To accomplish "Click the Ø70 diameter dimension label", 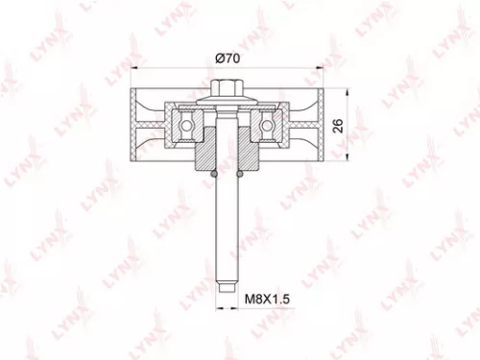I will [227, 58].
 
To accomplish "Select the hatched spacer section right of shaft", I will [247, 154].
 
